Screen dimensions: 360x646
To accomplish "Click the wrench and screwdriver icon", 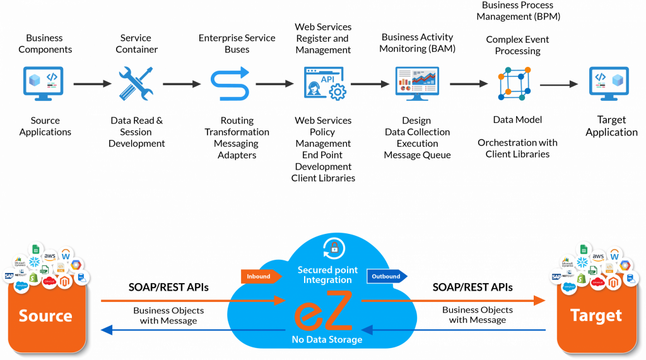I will coord(136,83).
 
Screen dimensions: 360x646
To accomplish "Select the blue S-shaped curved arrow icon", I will coord(230,84).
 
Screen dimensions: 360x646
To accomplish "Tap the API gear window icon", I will coord(324,83).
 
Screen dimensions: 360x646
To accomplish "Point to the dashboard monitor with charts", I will coord(417,84).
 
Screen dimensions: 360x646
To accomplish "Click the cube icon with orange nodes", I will coord(514,84).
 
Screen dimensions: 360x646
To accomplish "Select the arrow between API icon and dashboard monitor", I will coord(370,84).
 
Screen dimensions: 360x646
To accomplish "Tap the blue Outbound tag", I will coord(387,276).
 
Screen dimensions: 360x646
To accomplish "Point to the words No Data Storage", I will coord(327,340).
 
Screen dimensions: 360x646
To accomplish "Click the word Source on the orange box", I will coord(45,315).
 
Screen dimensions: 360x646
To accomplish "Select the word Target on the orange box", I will coord(596,315).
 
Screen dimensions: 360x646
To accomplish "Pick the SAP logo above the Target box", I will coord(556,276).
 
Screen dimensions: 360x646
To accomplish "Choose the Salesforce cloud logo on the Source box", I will coord(21,286).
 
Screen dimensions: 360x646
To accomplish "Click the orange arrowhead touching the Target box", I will coord(540,301).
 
